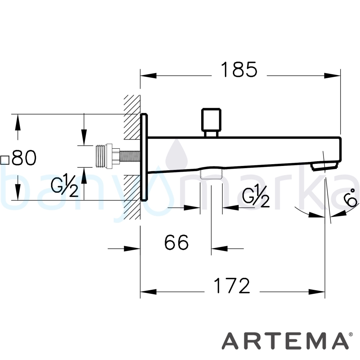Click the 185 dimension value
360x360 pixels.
(x=239, y=69)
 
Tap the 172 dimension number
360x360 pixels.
(x=231, y=285)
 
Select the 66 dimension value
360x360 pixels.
(x=176, y=242)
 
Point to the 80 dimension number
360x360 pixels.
(x=24, y=158)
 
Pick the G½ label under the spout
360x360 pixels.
(x=256, y=195)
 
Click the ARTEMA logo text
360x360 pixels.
(x=284, y=341)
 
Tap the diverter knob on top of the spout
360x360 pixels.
(x=211, y=123)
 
